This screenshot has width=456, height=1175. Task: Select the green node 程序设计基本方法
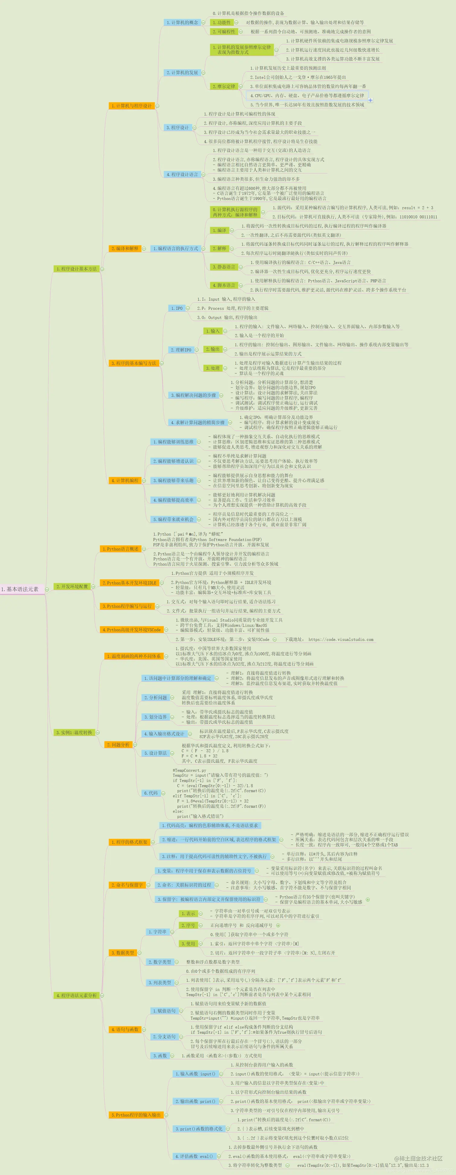pyautogui.click(x=76, y=269)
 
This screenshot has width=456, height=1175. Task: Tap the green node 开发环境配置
pyautogui.click(x=71, y=586)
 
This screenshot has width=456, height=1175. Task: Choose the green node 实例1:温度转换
pyautogui.click(x=74, y=732)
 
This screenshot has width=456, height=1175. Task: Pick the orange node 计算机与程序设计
pyautogui.click(x=131, y=106)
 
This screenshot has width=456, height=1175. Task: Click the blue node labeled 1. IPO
pyautogui.click(x=177, y=308)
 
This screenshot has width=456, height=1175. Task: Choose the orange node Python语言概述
pyautogui.click(x=120, y=549)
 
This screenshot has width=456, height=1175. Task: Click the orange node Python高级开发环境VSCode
pyautogui.click(x=131, y=629)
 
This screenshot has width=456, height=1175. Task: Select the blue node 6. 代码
pyautogui.click(x=150, y=793)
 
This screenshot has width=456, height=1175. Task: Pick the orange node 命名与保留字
pyautogui.click(x=127, y=885)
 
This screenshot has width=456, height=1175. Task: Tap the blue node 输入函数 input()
pyautogui.click(x=195, y=1074)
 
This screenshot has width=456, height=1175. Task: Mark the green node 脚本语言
pyautogui.click(x=224, y=285)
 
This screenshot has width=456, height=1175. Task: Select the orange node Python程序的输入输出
pyautogui.click(x=136, y=1115)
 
